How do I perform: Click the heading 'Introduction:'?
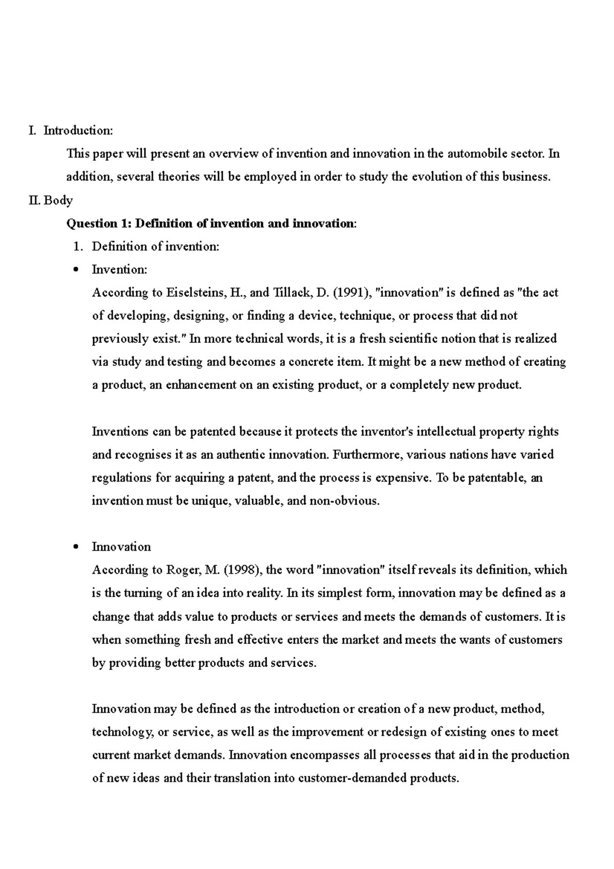point(78,131)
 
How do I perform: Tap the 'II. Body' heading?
point(51,200)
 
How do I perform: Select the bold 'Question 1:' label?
point(99,223)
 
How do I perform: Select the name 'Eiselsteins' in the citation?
point(195,293)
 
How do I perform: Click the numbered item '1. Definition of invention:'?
point(146,247)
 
